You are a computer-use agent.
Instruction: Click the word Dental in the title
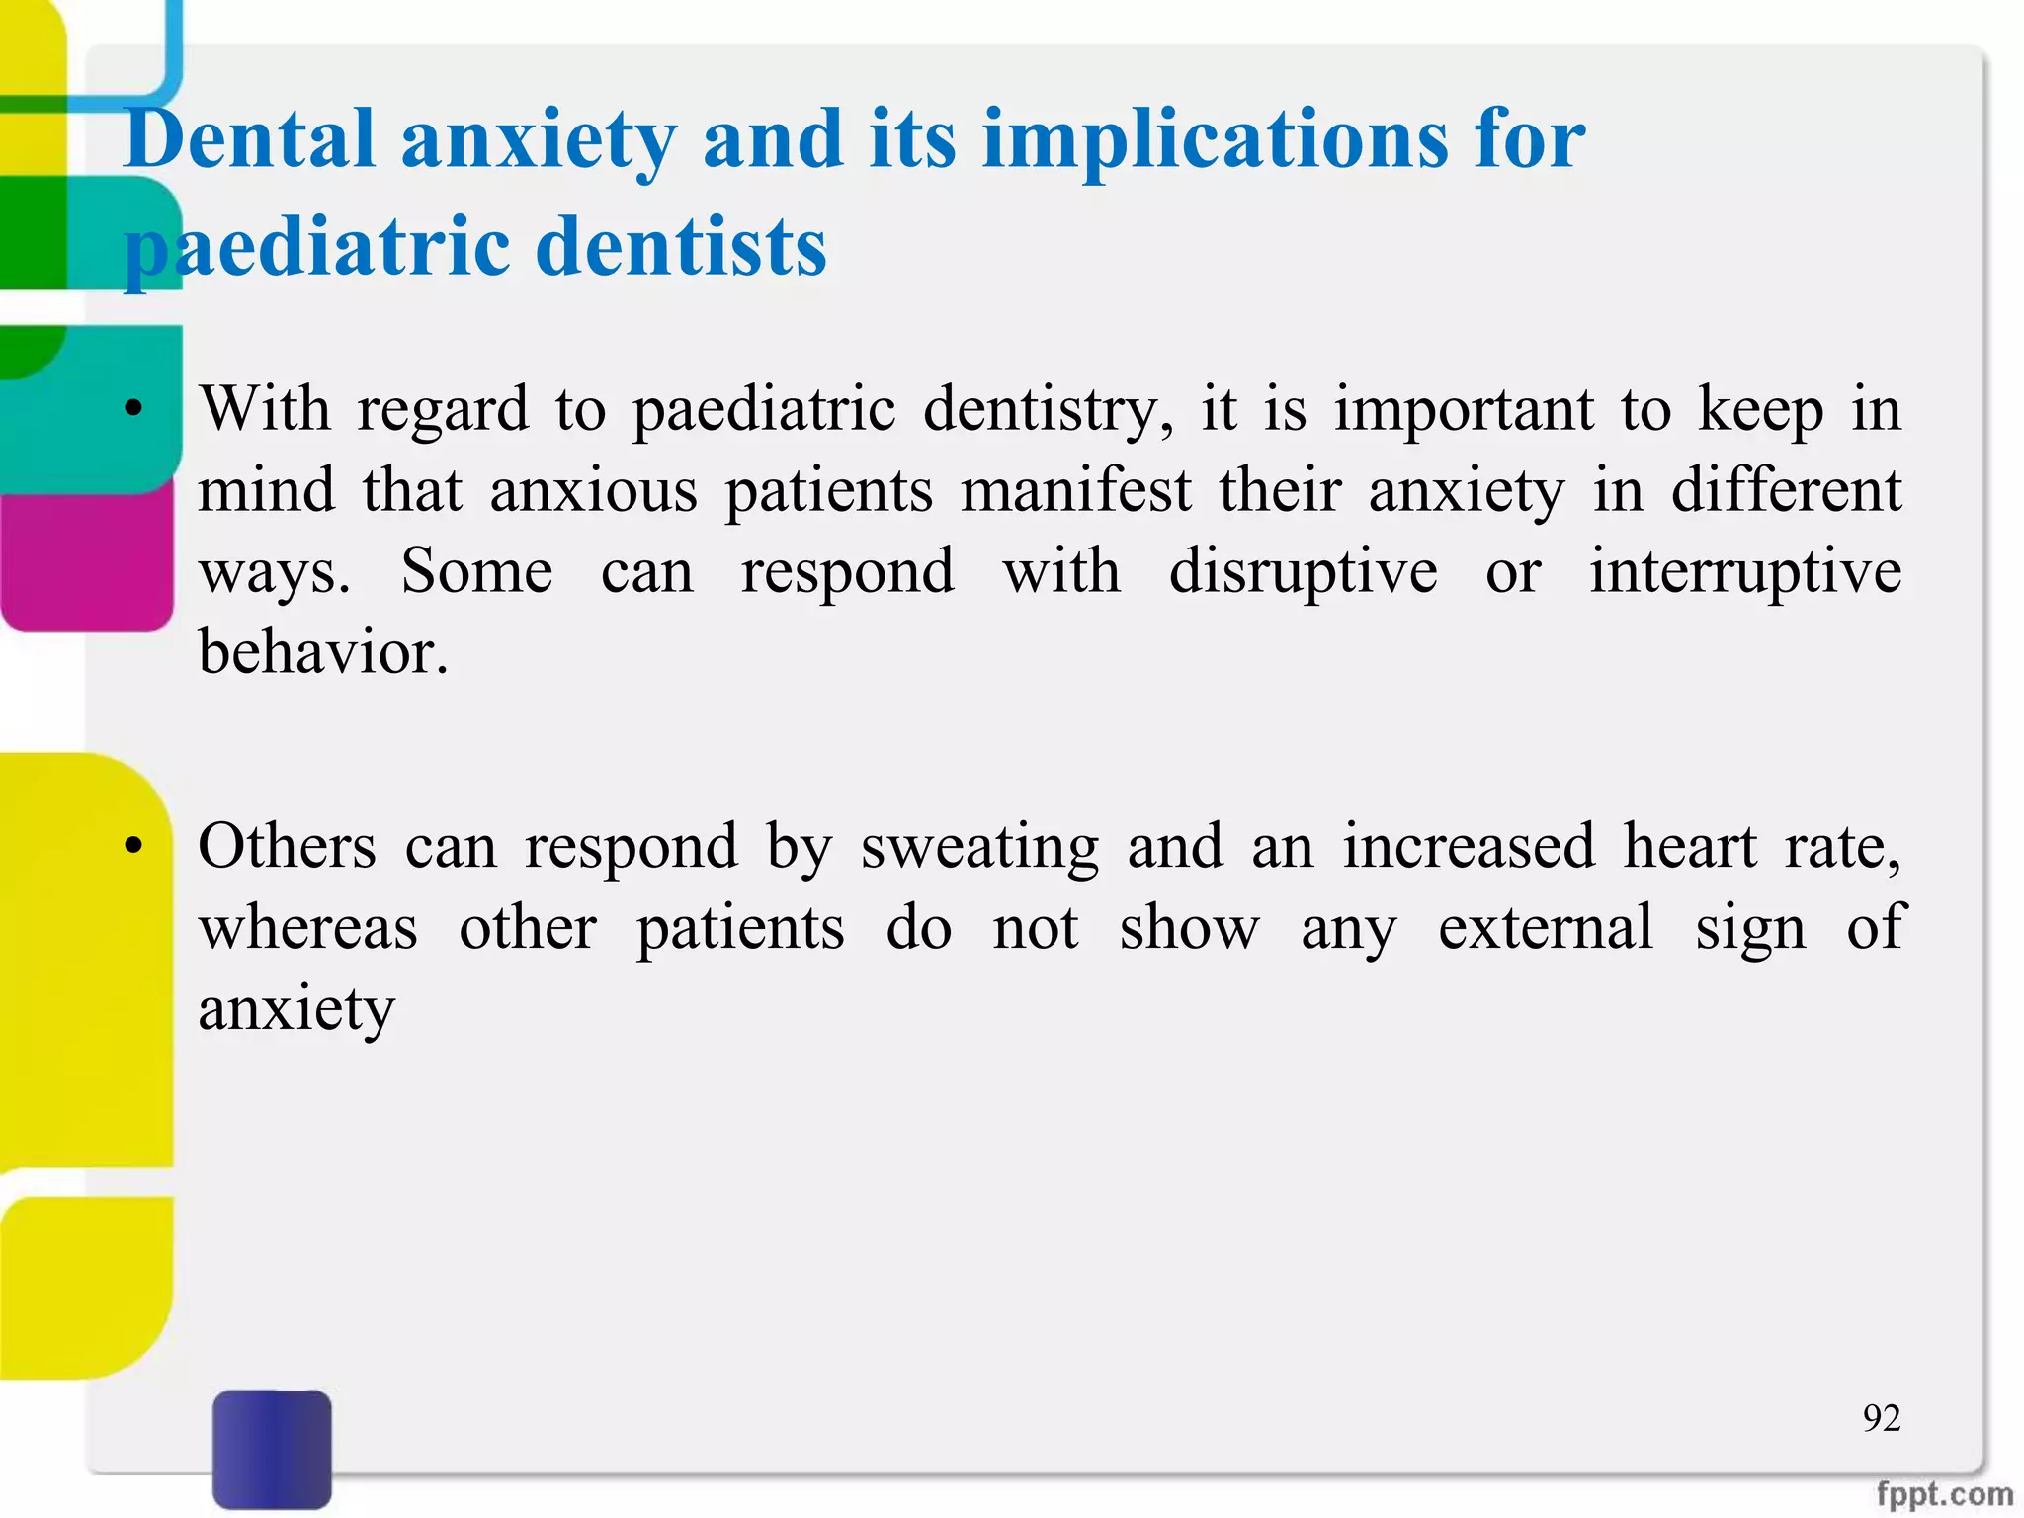(x=249, y=140)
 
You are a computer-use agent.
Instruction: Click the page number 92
(x=1882, y=1418)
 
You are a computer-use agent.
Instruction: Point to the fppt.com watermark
(x=1944, y=1494)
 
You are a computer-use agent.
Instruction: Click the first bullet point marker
(x=134, y=409)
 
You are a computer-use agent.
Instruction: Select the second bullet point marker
(x=134, y=846)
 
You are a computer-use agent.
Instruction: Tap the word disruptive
(x=1303, y=571)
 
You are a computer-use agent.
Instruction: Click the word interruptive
(x=1744, y=571)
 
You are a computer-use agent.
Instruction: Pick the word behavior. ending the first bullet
(x=323, y=652)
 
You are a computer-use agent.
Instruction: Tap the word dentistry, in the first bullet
(x=1049, y=409)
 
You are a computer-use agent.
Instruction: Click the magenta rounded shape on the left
(x=87, y=558)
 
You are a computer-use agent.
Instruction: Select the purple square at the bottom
(x=272, y=1449)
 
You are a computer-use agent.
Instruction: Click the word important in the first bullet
(x=1464, y=409)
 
